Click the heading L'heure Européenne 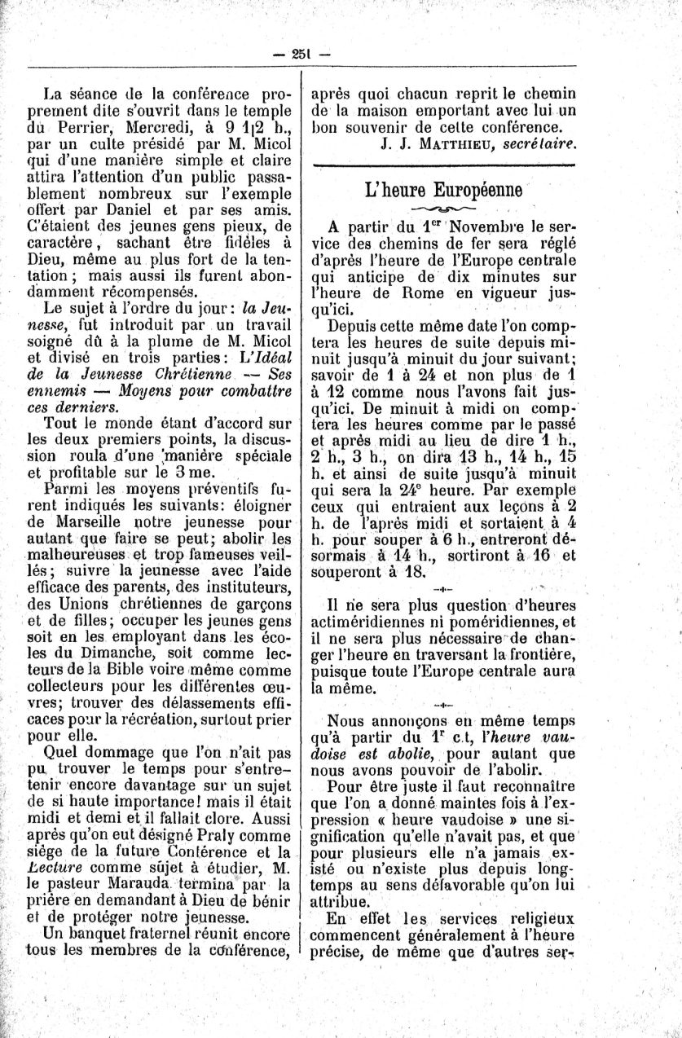443,192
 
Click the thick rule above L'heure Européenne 443,165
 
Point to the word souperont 347,573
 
